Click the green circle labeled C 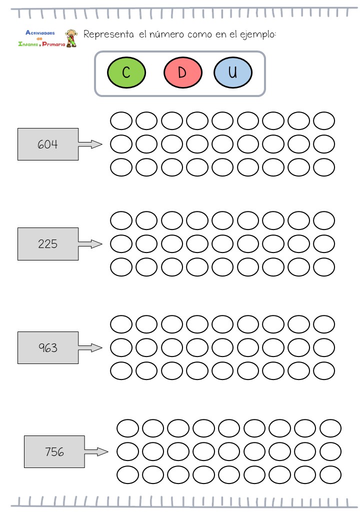coord(126,72)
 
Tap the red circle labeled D coord(182,72)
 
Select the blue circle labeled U coord(232,72)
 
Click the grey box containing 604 coord(48,144)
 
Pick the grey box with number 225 coord(48,244)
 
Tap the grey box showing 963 coord(48,347)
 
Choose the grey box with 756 coord(54,451)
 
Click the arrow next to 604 coord(90,144)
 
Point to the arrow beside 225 coord(90,244)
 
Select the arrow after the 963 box coord(90,347)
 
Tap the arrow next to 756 coord(96,452)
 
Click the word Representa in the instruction coord(108,34)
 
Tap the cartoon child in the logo coord(71,38)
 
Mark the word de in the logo coord(39,38)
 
